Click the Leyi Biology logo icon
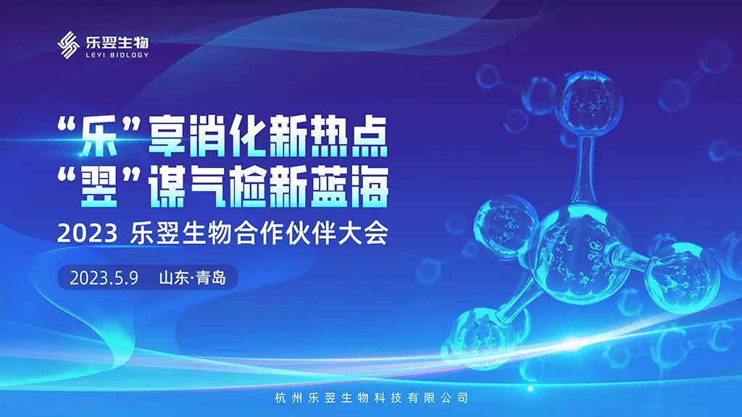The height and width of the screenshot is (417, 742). (68, 45)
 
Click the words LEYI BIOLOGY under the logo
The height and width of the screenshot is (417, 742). (117, 55)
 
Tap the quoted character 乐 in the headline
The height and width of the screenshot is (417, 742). (99, 137)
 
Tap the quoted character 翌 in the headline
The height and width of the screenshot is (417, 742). (99, 188)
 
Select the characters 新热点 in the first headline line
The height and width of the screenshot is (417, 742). (328, 137)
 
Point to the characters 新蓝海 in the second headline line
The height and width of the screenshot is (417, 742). (328, 188)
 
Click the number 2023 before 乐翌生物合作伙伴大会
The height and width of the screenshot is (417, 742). (87, 234)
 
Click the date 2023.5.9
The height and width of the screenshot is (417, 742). (104, 277)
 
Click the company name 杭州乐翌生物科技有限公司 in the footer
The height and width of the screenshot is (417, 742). (371, 397)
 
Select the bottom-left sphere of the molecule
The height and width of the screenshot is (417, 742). (481, 337)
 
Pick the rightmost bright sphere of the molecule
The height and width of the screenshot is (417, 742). (683, 278)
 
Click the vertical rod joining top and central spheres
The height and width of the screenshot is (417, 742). (585, 170)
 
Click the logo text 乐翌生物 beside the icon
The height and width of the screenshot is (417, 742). (117, 43)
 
